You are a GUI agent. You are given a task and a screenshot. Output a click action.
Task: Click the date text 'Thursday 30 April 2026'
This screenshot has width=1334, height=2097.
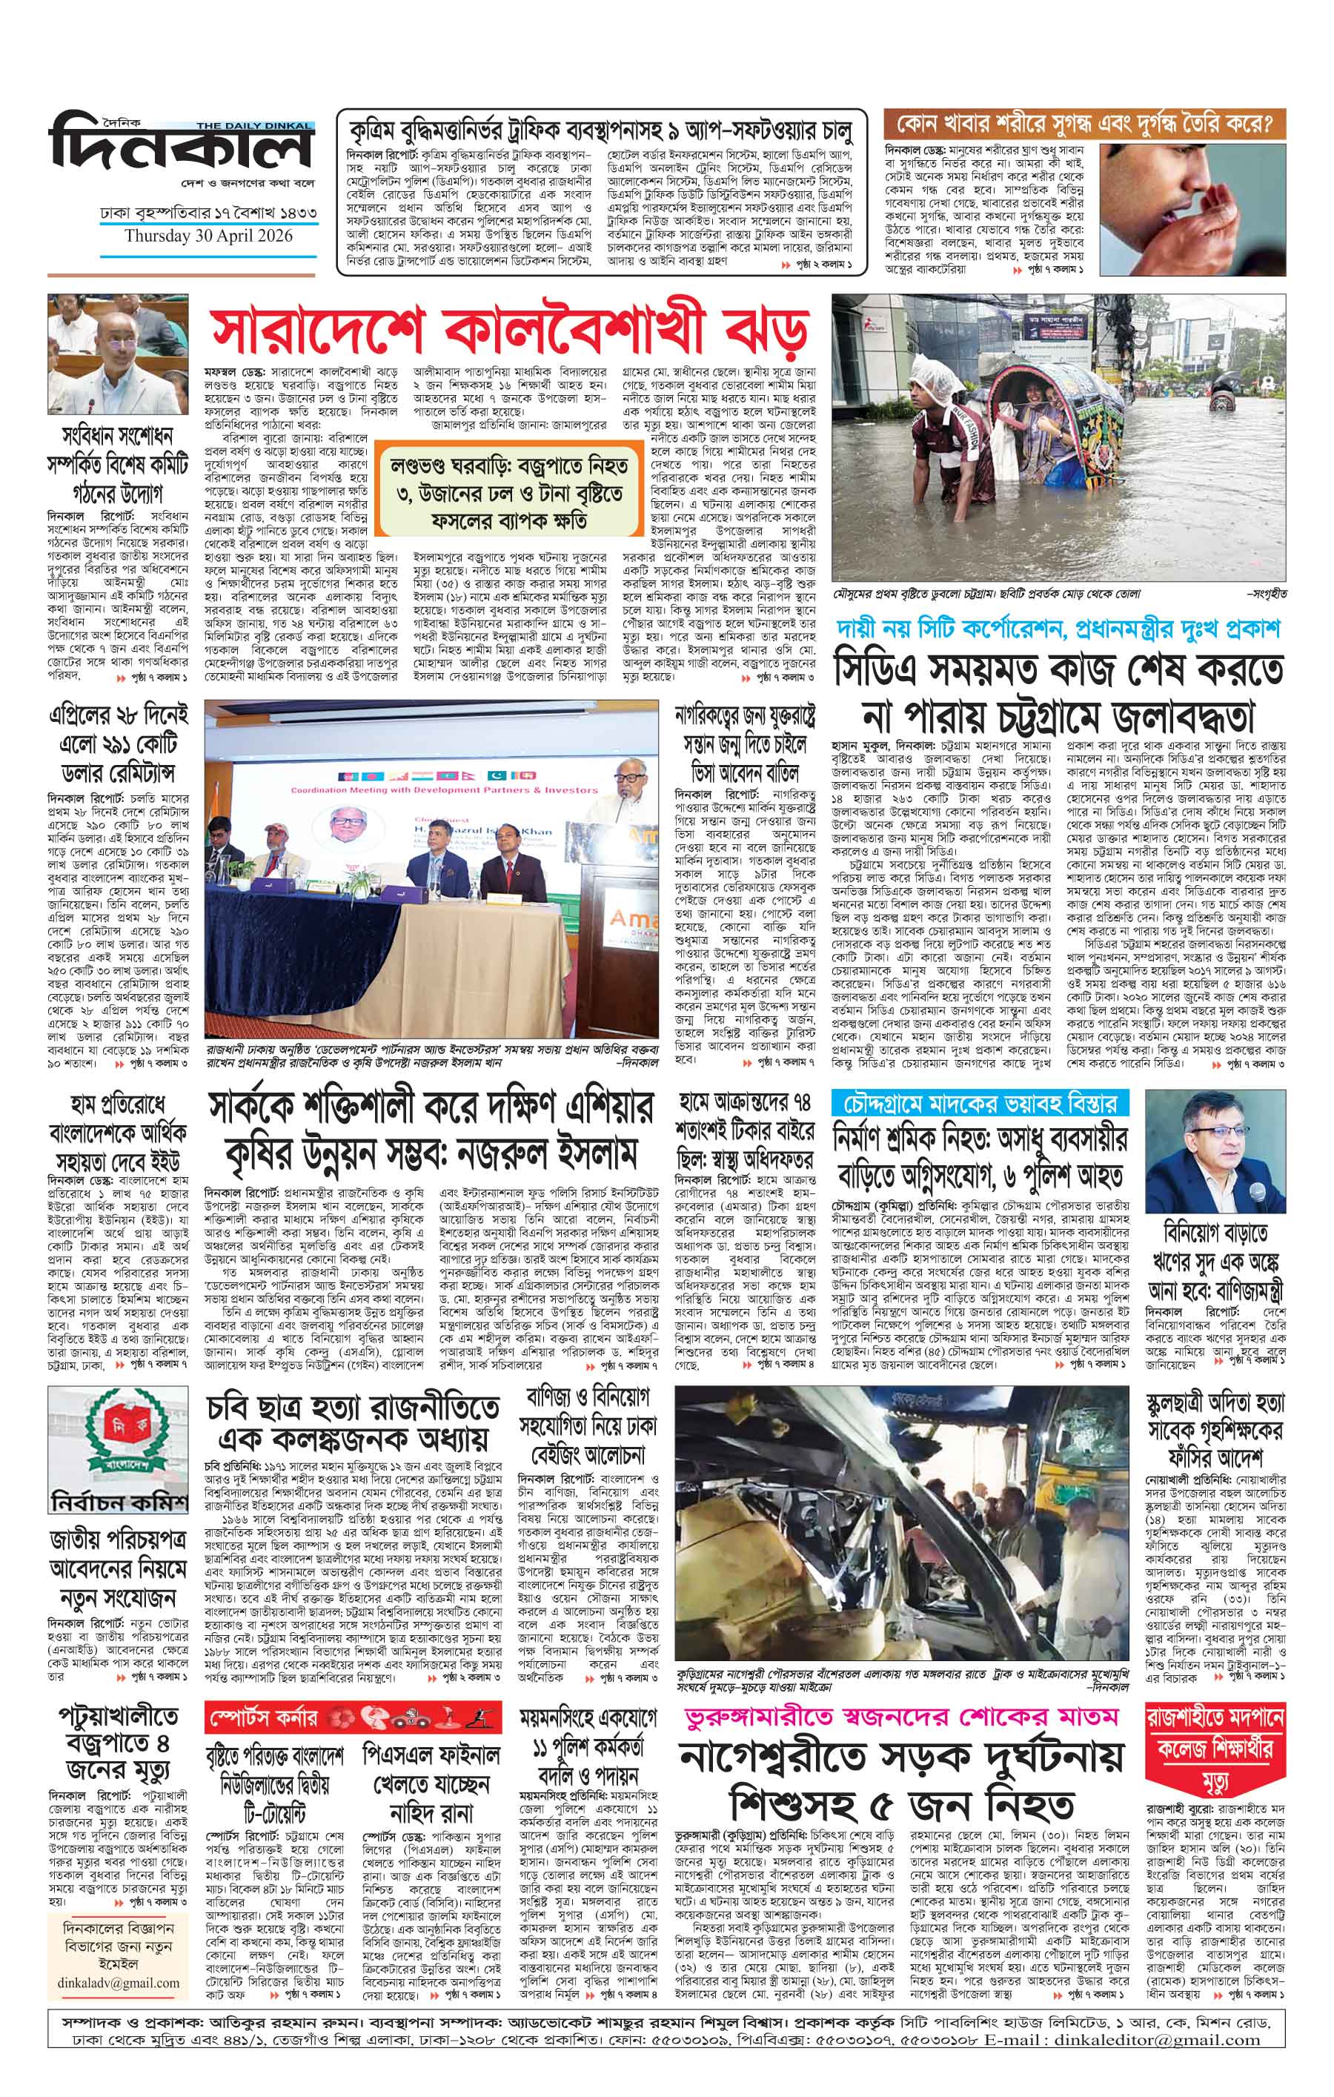pyautogui.click(x=208, y=236)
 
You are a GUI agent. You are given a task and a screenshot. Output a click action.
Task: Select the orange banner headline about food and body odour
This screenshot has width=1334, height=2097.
pyautogui.click(x=1084, y=123)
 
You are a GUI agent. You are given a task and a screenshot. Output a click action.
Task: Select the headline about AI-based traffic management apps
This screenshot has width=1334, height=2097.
pyautogui.click(x=601, y=130)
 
